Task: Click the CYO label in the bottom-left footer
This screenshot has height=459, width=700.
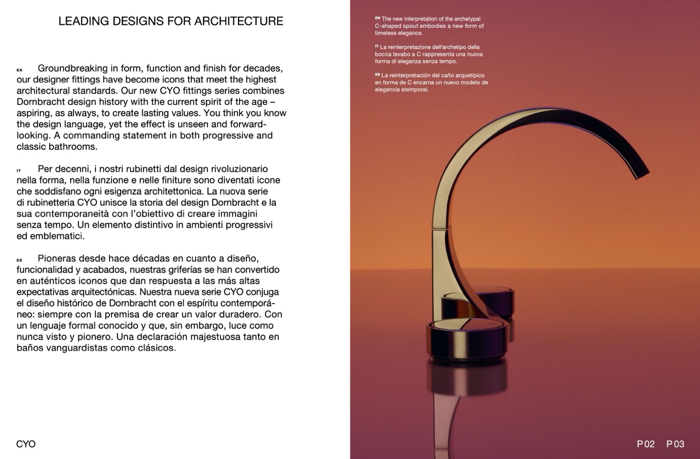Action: pyautogui.click(x=26, y=444)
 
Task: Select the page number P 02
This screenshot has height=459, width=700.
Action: pyautogui.click(x=645, y=444)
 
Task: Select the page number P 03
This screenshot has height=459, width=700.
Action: pyautogui.click(x=675, y=444)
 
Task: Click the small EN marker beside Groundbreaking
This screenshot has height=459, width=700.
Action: pyautogui.click(x=20, y=70)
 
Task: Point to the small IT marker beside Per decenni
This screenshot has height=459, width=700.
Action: pyautogui.click(x=19, y=171)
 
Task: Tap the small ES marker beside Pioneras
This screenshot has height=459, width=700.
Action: pyautogui.click(x=20, y=260)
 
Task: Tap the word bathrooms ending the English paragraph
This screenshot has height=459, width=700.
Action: pyautogui.click(x=75, y=147)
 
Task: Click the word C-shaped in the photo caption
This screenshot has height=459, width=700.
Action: pyautogui.click(x=387, y=26)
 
